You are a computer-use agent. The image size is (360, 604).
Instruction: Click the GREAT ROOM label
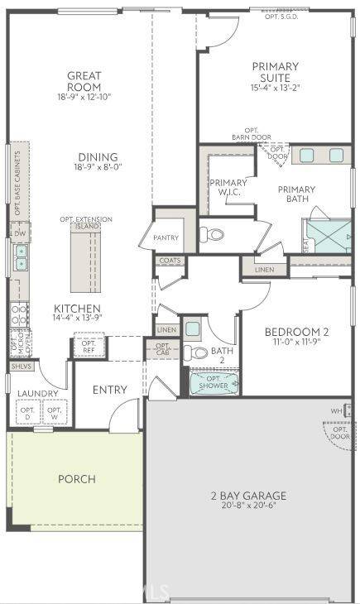[84, 81]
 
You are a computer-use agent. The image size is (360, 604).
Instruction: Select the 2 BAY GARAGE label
[248, 496]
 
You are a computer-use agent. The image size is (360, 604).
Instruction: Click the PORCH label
[76, 479]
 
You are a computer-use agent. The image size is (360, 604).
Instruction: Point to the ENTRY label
[109, 390]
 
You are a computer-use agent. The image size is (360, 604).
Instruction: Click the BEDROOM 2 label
[296, 332]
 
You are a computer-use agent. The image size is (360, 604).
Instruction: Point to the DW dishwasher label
[20, 233]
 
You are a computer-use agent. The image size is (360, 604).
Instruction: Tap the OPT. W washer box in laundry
[55, 412]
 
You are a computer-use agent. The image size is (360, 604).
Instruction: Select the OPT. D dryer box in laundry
[28, 412]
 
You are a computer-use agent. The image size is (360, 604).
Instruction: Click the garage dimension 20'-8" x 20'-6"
[248, 507]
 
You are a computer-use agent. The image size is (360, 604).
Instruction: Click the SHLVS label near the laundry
[19, 365]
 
